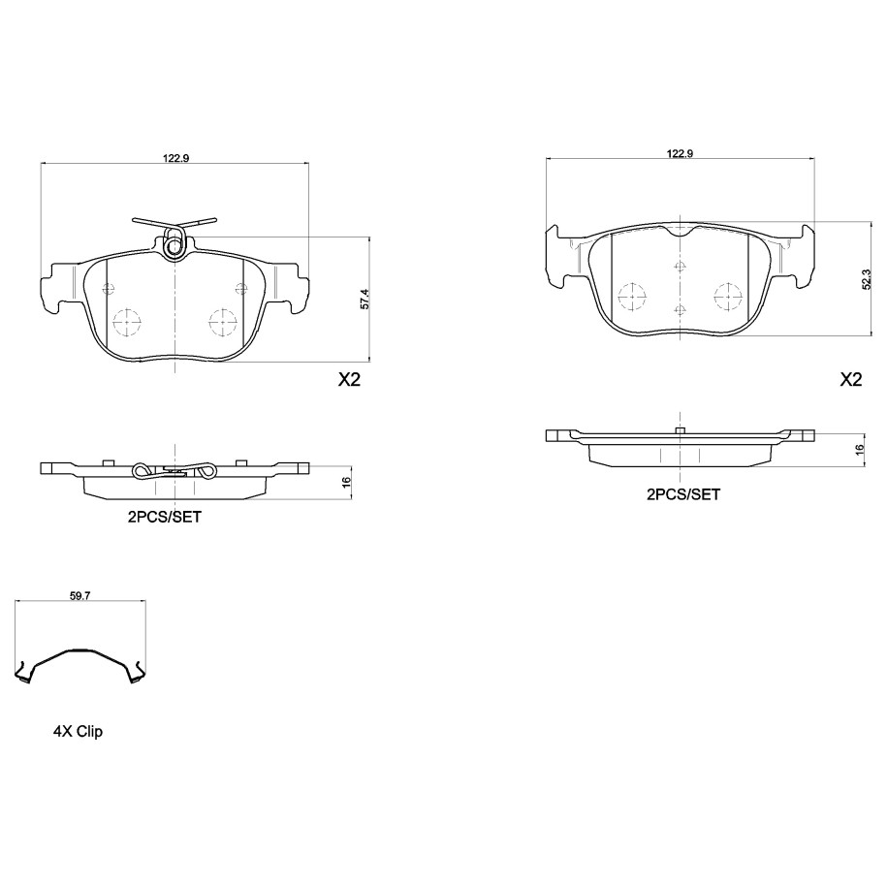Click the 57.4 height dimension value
tap(364, 299)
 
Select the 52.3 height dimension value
tap(866, 279)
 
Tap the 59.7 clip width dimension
tap(79, 595)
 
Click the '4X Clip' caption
tap(78, 732)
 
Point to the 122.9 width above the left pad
tap(175, 158)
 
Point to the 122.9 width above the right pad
tap(680, 153)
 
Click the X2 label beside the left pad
tap(349, 380)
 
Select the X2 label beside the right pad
tap(851, 380)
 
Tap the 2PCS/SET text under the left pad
tap(164, 517)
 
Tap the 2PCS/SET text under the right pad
tap(683, 495)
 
